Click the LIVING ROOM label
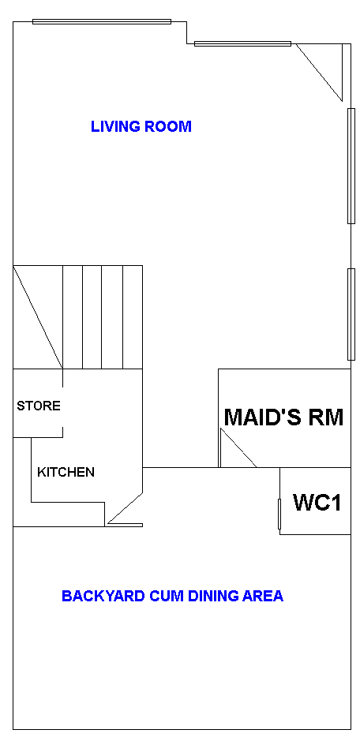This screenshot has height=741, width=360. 141,126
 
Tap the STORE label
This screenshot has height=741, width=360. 39,406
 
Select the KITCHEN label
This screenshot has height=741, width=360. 66,472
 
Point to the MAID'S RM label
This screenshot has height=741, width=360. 283,417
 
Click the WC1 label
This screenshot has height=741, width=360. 317,503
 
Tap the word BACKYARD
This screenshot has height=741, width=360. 103,596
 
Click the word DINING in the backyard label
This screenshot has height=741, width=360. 213,596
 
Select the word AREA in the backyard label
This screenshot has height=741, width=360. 263,596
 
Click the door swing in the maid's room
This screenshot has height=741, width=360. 238,448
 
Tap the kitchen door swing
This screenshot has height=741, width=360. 126,509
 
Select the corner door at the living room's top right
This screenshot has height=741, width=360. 319,72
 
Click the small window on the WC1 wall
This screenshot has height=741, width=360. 279,514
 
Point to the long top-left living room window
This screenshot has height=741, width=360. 102,21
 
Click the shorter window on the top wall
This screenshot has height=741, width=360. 242,44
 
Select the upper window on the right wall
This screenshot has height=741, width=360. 351,166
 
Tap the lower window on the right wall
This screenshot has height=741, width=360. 351,314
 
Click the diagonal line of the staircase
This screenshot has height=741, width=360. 38,317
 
